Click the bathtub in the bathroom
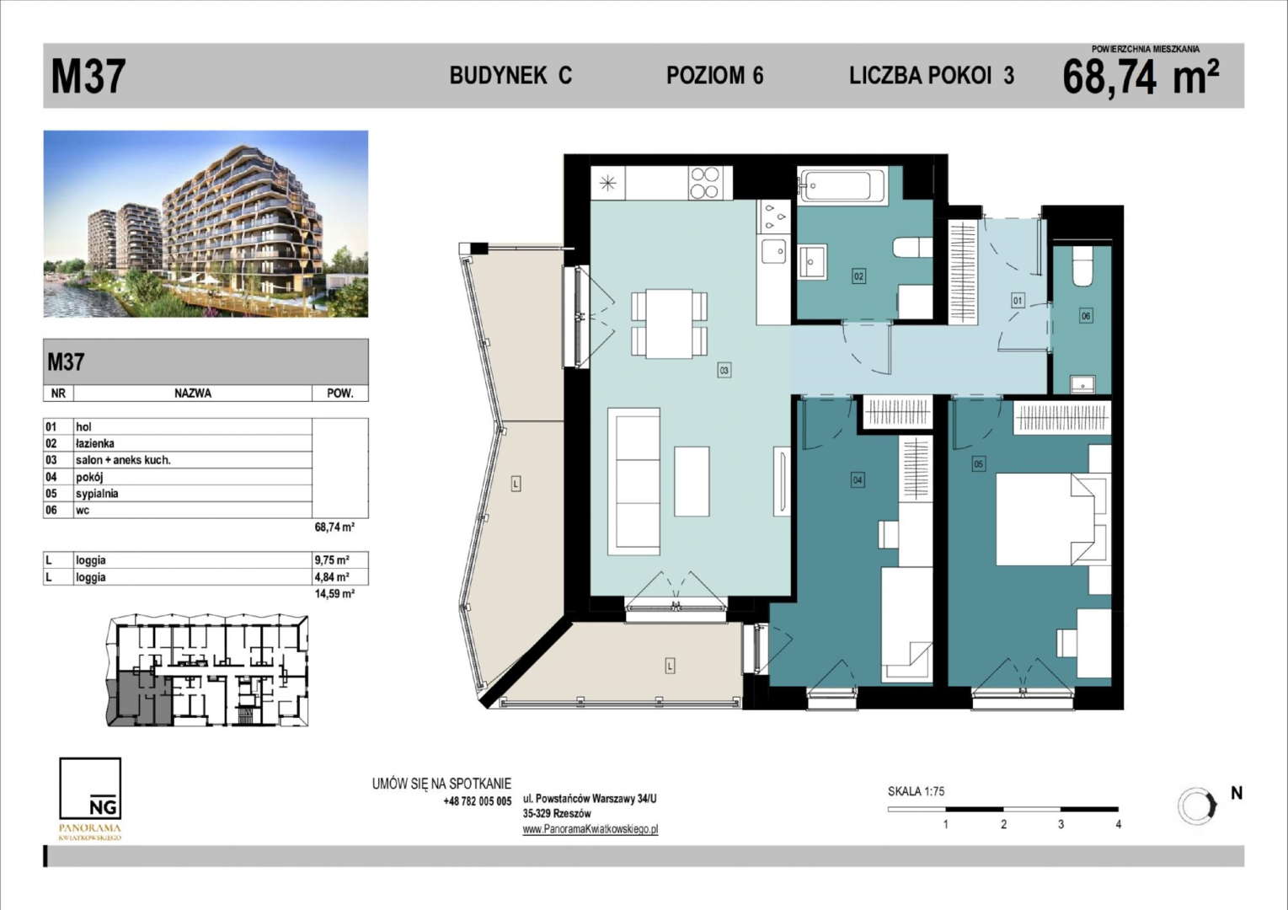(x=842, y=186)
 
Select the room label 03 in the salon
(x=724, y=371)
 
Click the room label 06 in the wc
(x=1086, y=316)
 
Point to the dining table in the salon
(x=669, y=324)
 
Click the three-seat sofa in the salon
(x=633, y=482)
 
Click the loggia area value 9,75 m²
(x=333, y=560)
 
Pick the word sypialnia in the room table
(x=97, y=494)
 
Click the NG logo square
(x=90, y=788)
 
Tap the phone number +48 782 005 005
(x=478, y=801)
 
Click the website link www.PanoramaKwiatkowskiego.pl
(x=590, y=829)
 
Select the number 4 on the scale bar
(x=1118, y=824)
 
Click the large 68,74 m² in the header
(x=1141, y=78)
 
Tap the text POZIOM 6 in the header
(x=714, y=76)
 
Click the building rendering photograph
(x=206, y=224)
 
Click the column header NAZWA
(x=193, y=393)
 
